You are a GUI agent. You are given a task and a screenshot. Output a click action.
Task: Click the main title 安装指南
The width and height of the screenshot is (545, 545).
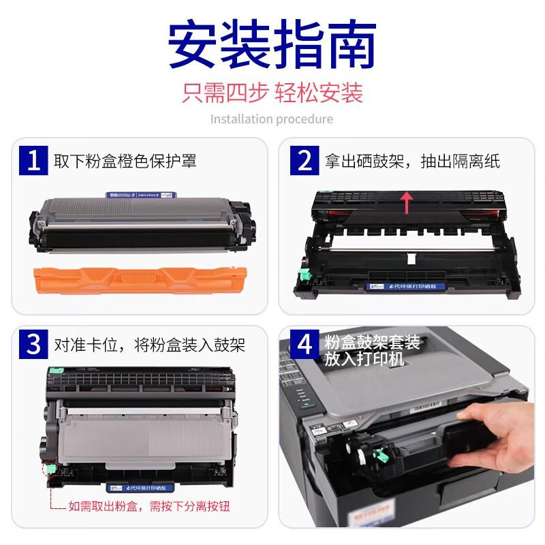point(272,45)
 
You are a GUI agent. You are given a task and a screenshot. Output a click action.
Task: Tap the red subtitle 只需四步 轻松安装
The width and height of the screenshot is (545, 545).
point(272,92)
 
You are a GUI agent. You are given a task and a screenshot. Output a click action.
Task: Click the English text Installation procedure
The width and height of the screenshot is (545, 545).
point(272,119)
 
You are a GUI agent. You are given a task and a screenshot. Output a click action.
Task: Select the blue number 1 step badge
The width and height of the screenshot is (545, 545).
point(34,161)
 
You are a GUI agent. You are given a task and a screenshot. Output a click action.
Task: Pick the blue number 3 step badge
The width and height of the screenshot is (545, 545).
point(34,345)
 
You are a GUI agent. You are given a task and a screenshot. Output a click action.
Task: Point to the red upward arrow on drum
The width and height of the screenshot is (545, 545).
point(407,202)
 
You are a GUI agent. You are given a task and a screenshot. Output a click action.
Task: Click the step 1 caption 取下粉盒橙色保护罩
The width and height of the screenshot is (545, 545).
point(126,161)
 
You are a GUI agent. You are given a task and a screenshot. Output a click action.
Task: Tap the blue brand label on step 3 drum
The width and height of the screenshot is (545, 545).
point(136,488)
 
